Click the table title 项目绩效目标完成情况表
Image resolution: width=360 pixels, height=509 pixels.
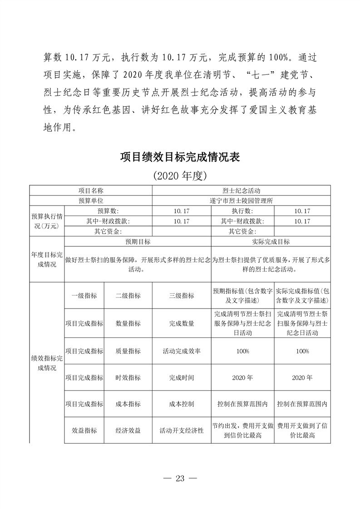tap(180, 157)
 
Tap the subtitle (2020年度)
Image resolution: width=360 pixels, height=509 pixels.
tap(180, 175)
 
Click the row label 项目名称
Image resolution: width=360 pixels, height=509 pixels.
tap(91, 191)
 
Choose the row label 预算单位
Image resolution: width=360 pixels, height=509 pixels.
tap(91, 201)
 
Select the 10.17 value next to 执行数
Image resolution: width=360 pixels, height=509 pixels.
tap(302, 211)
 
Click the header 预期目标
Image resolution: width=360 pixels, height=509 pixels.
tap(138, 242)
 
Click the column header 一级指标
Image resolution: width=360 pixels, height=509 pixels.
tap(84, 295)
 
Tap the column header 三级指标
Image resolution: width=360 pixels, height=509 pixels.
tap(182, 295)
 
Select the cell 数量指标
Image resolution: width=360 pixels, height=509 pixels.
tap(128, 323)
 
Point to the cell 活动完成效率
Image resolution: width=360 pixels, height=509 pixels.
tap(182, 351)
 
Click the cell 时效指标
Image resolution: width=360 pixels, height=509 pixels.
tap(128, 377)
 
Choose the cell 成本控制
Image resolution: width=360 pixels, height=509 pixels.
tap(182, 404)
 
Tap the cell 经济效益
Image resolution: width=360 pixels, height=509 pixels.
tap(128, 431)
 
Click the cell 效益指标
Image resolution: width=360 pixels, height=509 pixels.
tap(84, 431)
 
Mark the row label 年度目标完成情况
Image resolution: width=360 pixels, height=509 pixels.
tap(47, 259)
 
